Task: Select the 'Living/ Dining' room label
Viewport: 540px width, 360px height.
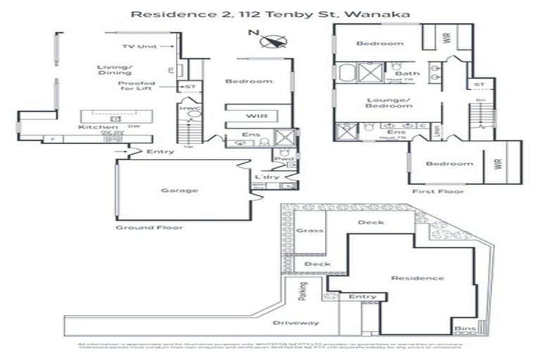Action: [x=113, y=70]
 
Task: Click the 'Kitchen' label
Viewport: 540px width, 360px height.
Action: [x=94, y=127]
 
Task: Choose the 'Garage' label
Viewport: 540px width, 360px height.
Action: [x=179, y=190]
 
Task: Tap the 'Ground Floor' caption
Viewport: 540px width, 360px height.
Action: [x=150, y=227]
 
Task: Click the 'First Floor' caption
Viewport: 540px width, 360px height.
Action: [x=430, y=191]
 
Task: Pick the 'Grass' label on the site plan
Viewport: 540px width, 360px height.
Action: [x=304, y=231]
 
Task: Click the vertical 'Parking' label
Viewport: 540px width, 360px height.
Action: [x=303, y=290]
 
